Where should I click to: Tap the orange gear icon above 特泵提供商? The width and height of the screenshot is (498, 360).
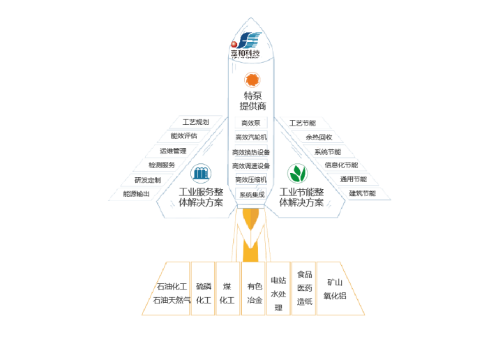click(252, 80)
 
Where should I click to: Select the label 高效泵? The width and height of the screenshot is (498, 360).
click(250, 123)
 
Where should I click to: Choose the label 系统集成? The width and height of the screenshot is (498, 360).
click(251, 195)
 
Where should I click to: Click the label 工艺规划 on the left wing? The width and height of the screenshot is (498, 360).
click(195, 122)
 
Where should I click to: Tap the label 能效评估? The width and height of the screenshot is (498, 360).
click(184, 136)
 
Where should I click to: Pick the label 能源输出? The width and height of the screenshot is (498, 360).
click(136, 193)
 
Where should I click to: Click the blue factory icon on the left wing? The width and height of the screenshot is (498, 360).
click(201, 172)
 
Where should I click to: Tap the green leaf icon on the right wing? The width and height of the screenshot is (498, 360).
click(298, 172)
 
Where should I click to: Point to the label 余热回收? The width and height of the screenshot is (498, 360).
click(319, 137)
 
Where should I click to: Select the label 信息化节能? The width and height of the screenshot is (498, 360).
click(341, 165)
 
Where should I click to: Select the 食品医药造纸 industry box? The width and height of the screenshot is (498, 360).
click(304, 288)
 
